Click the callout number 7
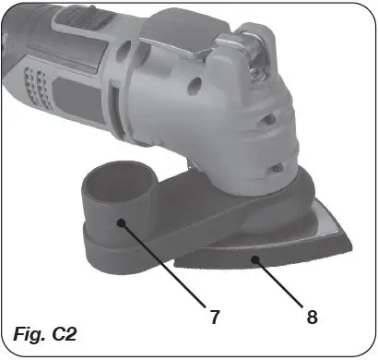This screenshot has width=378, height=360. pyautogui.click(x=214, y=317)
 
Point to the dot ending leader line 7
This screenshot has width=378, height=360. pyautogui.click(x=121, y=221)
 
